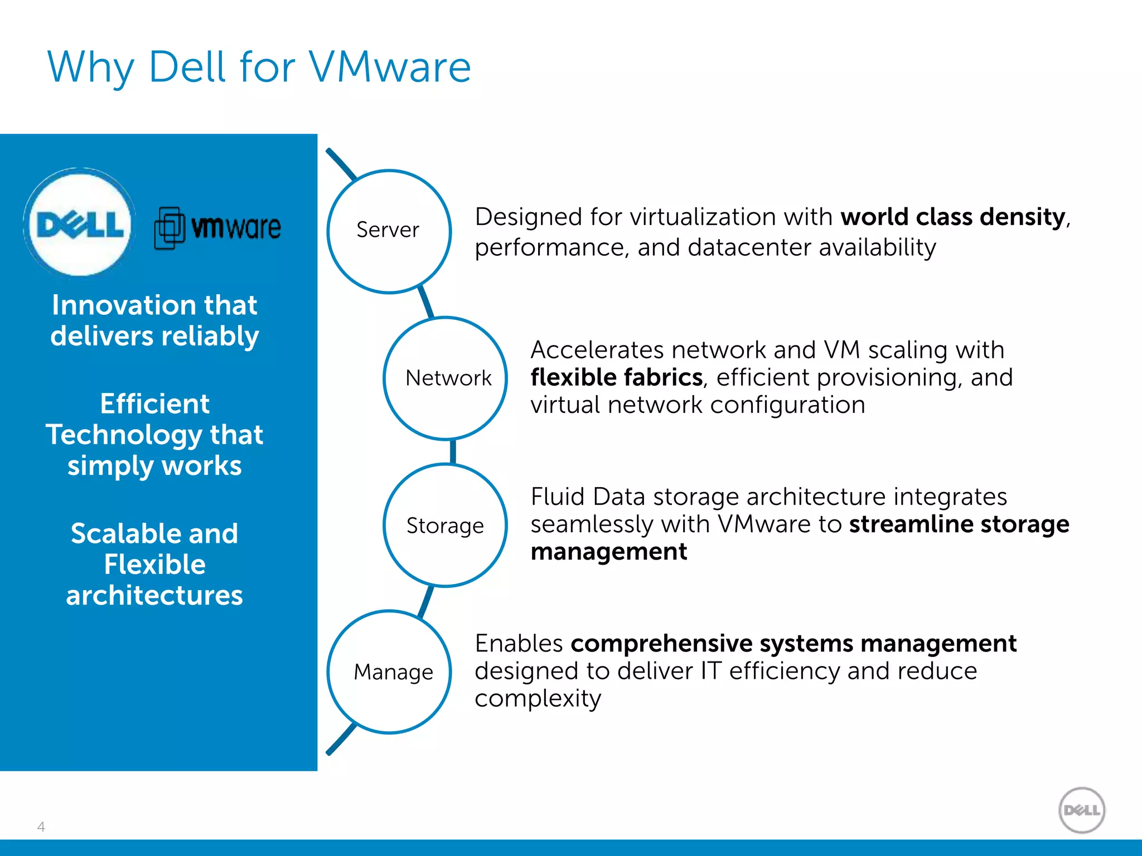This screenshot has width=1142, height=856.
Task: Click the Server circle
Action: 389,231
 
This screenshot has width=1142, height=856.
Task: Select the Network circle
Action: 445,378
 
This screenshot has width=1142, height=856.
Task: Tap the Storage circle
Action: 445,526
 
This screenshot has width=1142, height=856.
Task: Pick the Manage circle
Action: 389,672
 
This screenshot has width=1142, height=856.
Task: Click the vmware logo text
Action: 236,227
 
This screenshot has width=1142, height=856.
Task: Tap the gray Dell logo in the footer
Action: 1081,810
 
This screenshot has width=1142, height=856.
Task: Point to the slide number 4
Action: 41,826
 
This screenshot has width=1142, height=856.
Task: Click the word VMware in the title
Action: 390,67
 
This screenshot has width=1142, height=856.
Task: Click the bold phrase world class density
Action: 952,217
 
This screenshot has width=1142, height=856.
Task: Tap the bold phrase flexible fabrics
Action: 616,378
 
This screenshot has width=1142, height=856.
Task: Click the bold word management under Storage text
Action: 608,552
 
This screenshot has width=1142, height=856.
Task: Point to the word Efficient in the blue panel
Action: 154,404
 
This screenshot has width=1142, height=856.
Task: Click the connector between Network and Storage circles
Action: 453,451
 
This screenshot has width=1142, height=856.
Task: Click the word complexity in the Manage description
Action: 538,699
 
